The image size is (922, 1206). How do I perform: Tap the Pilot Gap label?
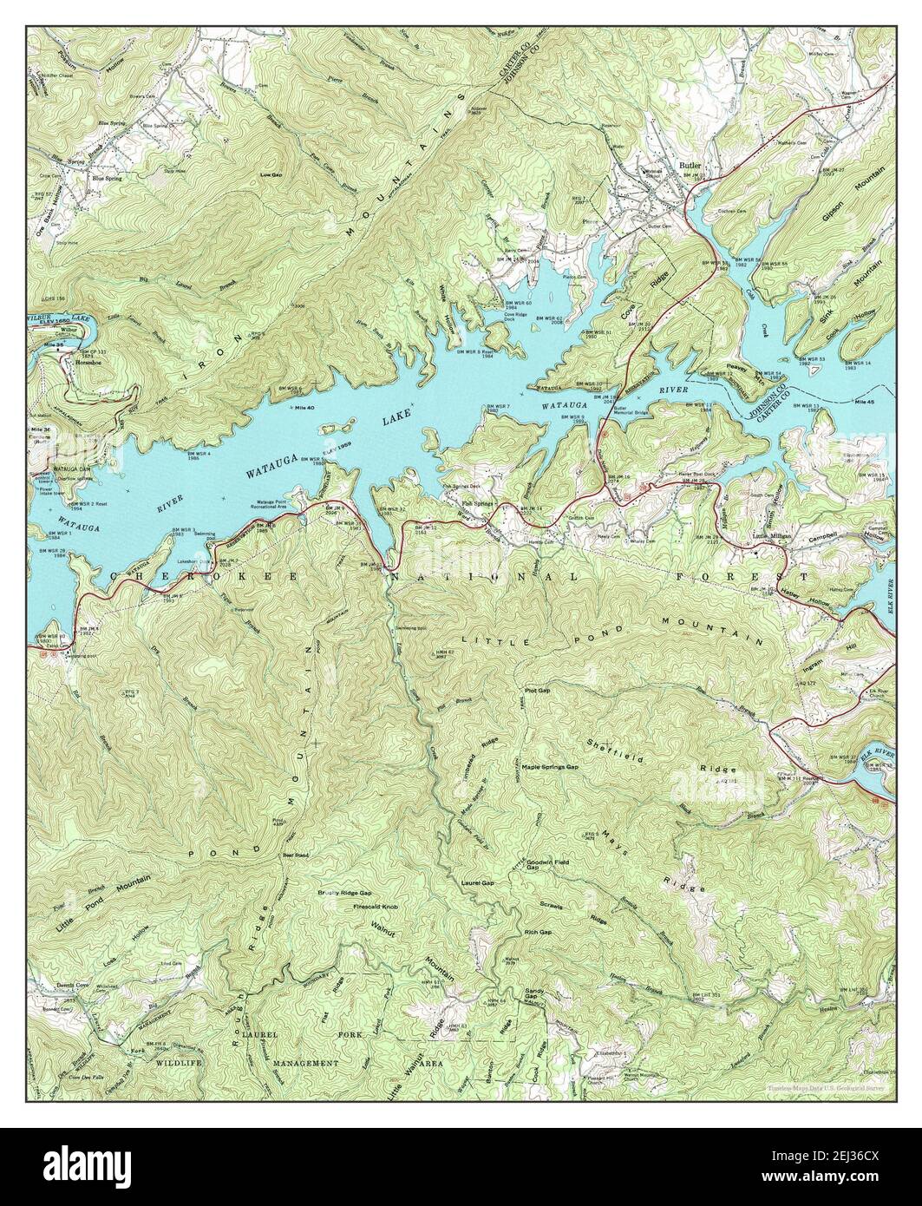pyautogui.click(x=538, y=691)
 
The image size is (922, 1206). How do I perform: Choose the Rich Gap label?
pyautogui.click(x=538, y=931)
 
